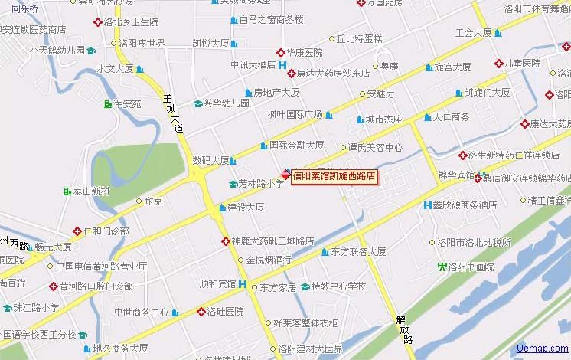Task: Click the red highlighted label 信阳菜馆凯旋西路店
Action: click(334, 176)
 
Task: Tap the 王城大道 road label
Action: click(173, 113)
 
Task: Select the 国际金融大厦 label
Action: click(296, 145)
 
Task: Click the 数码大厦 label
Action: click(210, 161)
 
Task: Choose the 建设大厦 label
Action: click(246, 207)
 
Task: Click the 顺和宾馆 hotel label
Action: click(217, 284)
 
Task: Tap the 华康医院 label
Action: click(304, 53)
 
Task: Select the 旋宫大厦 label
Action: click(452, 67)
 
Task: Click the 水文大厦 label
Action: click(115, 69)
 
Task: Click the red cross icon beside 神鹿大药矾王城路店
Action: click(226, 241)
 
